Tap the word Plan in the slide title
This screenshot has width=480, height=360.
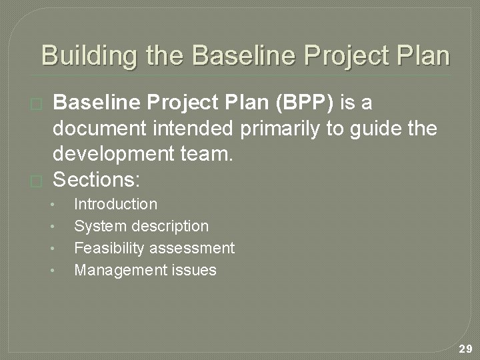(422, 55)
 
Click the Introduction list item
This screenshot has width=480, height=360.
(115, 204)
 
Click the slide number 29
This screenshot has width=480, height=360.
(465, 349)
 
